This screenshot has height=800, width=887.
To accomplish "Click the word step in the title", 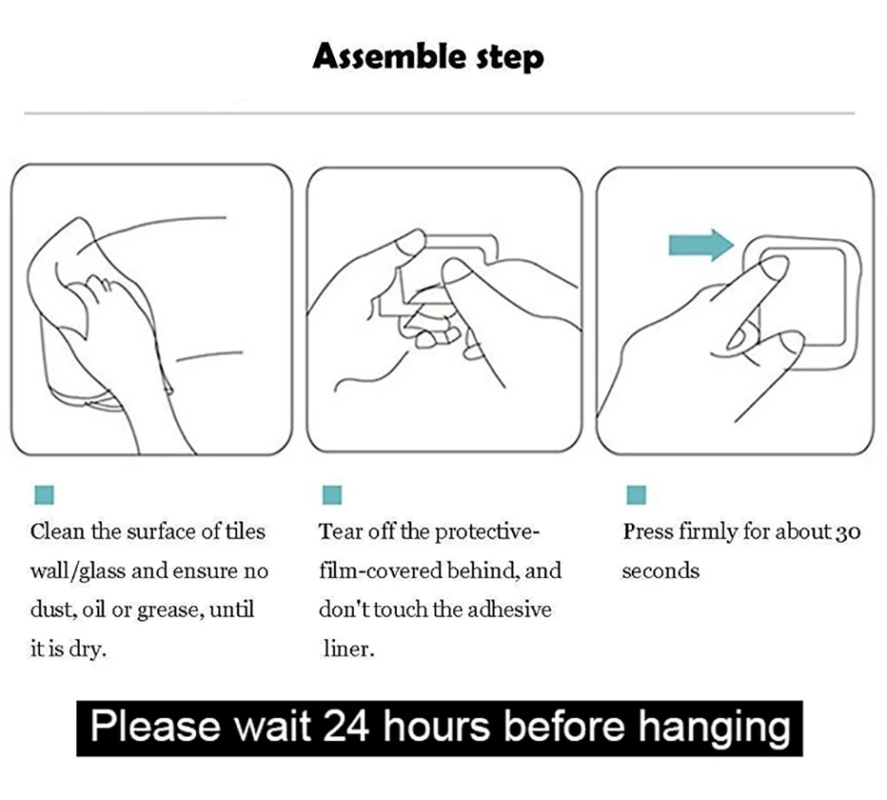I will [509, 59].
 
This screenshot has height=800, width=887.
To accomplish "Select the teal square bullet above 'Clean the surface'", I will [44, 495].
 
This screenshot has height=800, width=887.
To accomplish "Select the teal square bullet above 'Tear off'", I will [331, 495].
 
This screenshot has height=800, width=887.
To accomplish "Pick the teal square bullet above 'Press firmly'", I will [637, 495].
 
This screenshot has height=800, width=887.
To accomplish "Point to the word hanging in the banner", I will [714, 729].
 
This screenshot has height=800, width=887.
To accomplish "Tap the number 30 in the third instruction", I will [847, 531].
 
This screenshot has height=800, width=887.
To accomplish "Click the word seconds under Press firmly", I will [660, 571].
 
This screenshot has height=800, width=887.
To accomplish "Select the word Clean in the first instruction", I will [57, 531].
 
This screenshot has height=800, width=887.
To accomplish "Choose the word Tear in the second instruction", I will [339, 531].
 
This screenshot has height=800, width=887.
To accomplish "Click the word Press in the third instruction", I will [648, 531].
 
